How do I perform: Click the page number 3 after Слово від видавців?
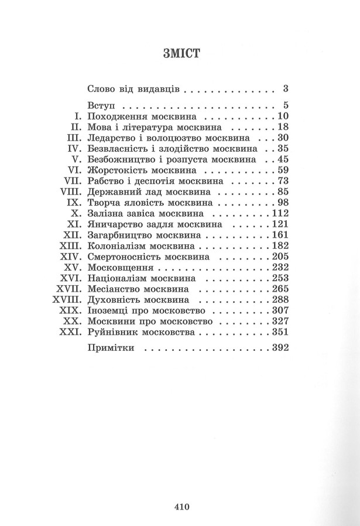[286, 90]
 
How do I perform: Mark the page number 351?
[280, 332]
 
